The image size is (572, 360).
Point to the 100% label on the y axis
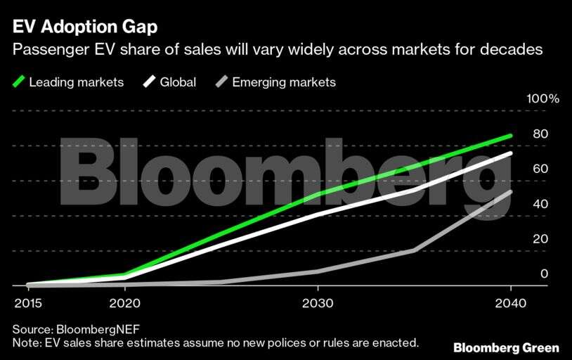pos(542,99)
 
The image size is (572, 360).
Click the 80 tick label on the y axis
pos(540,134)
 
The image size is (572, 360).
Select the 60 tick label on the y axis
pos(540,169)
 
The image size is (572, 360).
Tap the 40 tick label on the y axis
pos(540,204)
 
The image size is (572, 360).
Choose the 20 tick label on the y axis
pos(540,239)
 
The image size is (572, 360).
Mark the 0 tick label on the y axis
pos(544,274)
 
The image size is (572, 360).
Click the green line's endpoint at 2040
pos(511,136)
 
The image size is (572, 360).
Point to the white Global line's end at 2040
pos(511,153)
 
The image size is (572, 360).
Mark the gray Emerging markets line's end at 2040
pos(511,192)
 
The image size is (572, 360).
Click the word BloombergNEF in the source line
pos(96,329)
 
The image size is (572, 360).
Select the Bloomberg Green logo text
pos(506,347)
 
